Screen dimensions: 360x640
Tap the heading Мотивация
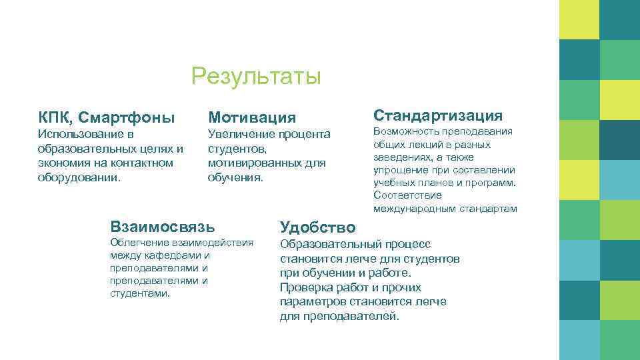pyautogui.click(x=252, y=118)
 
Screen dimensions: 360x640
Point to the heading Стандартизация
pyautogui.click(x=438, y=115)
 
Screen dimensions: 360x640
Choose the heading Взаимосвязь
pyautogui.click(x=163, y=227)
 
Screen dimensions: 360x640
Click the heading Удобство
pyautogui.click(x=317, y=227)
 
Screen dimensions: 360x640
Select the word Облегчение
pyautogui.click(x=139, y=243)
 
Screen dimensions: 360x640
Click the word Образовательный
pyautogui.click(x=330, y=245)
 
